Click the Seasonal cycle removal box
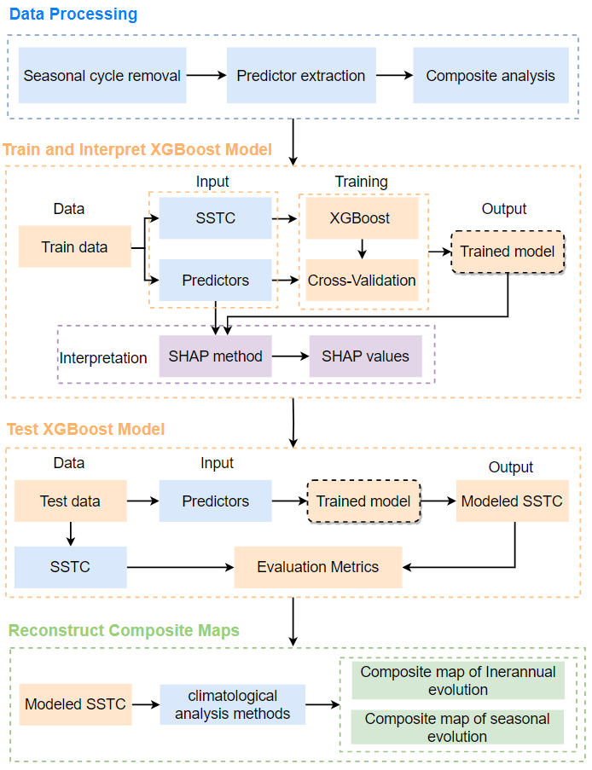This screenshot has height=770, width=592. pyautogui.click(x=102, y=75)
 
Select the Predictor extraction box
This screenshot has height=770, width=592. pyautogui.click(x=300, y=75)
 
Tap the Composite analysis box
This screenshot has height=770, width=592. pyautogui.click(x=490, y=75)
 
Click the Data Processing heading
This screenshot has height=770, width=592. pyautogui.click(x=73, y=14)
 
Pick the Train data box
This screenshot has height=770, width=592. pyautogui.click(x=74, y=247)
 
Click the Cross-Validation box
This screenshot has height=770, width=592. pyautogui.click(x=362, y=280)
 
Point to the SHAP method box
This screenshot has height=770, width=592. pyautogui.click(x=215, y=356)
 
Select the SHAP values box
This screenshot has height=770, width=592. pyautogui.click(x=365, y=356)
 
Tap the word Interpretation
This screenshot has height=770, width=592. pyautogui.click(x=103, y=358)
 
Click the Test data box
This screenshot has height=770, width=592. pyautogui.click(x=70, y=501)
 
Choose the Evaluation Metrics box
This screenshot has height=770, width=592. pyautogui.click(x=318, y=566)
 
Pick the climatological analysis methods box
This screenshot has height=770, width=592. pyautogui.click(x=232, y=704)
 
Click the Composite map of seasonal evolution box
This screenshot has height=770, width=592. pyautogui.click(x=457, y=727)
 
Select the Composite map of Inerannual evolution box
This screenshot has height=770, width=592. pyautogui.click(x=457, y=680)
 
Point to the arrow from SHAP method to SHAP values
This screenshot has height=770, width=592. pyautogui.click(x=290, y=356)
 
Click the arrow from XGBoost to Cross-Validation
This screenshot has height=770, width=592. pyautogui.click(x=362, y=249)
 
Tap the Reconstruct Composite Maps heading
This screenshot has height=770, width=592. pyautogui.click(x=124, y=631)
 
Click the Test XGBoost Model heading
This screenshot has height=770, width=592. pyautogui.click(x=85, y=429)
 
